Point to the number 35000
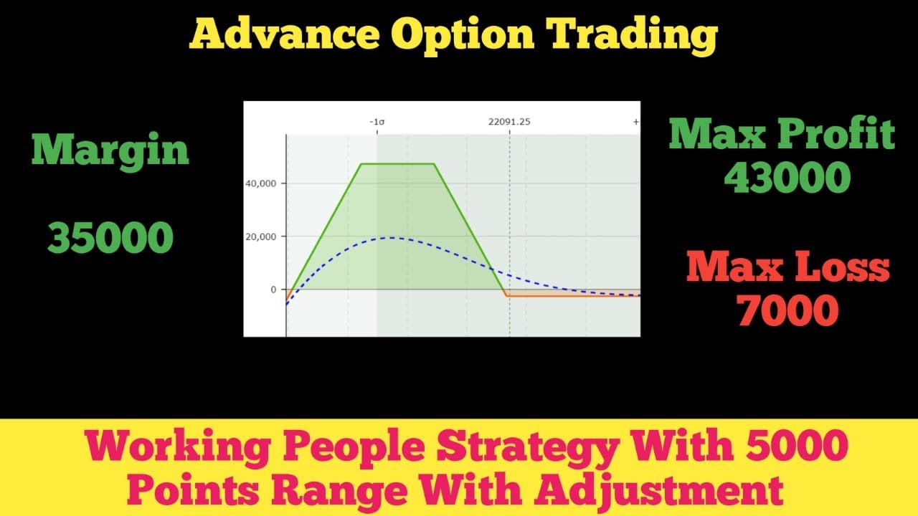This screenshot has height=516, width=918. click(x=110, y=238)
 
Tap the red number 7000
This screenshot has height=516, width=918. click(x=788, y=310)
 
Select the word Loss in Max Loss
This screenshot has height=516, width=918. click(x=841, y=268)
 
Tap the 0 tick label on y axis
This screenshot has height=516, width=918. click(x=273, y=290)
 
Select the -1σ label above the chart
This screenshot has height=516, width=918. click(x=377, y=122)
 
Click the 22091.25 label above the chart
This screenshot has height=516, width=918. click(x=509, y=122)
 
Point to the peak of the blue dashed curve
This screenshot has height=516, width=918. click(x=391, y=237)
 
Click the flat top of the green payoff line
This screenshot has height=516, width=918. click(x=397, y=164)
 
